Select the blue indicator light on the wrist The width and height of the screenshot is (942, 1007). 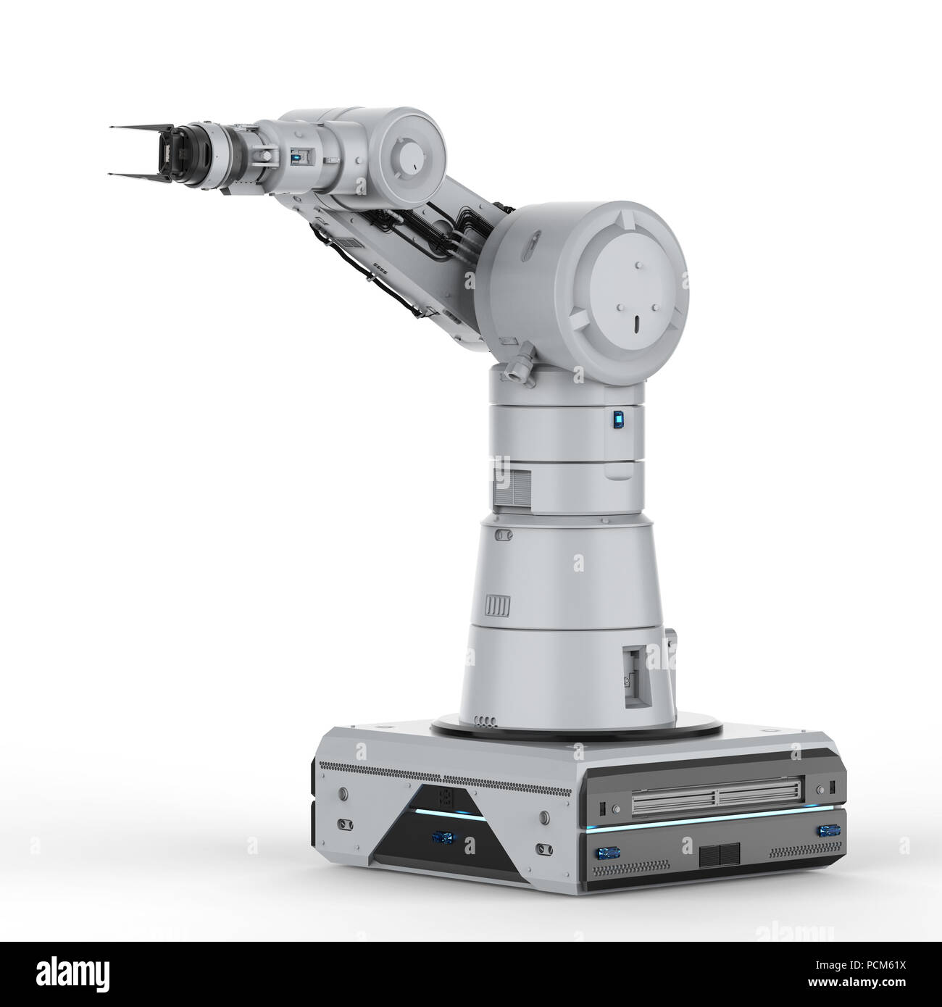[x=296, y=156]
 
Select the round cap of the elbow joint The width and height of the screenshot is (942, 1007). [x=409, y=151]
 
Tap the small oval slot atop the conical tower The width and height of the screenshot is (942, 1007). [x=503, y=534]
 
